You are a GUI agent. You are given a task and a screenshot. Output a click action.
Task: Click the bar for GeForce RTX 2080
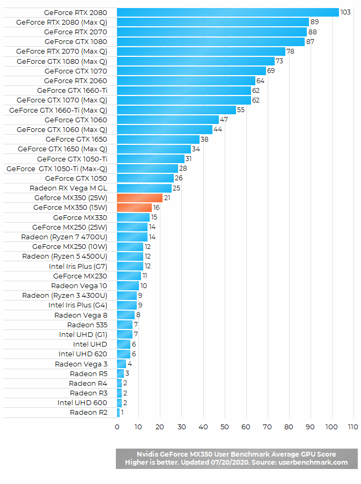[227, 12]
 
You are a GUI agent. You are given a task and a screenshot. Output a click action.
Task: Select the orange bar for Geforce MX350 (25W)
[139, 198]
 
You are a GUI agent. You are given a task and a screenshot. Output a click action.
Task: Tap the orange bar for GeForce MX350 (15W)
[134, 208]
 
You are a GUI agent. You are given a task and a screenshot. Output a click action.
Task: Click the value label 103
[345, 12]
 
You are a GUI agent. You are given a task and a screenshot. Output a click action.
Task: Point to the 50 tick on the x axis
[224, 427]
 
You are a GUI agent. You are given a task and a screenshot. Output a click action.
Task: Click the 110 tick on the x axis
[352, 427]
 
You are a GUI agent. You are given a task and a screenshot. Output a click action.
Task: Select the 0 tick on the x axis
[117, 427]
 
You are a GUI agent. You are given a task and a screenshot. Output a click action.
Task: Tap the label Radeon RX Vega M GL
[68, 188]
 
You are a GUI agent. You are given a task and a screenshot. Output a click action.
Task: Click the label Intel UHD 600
[82, 403]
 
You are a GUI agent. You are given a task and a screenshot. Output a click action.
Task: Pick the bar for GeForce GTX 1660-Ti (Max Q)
[176, 110]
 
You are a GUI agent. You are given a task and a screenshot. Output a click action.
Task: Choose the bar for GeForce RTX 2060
[186, 80]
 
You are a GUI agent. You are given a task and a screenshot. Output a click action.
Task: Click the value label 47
[224, 120]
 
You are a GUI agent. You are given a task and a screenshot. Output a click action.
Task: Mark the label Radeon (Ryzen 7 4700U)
[64, 237]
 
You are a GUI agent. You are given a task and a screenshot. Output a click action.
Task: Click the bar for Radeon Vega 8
[126, 315]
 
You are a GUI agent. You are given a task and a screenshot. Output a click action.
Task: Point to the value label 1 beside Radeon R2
[122, 413]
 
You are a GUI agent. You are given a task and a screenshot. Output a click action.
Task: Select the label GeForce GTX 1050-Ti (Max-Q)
[56, 168]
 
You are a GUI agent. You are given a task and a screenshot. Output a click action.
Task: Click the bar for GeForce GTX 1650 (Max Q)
[153, 149]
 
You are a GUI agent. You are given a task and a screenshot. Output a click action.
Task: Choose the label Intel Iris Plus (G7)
[78, 266]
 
